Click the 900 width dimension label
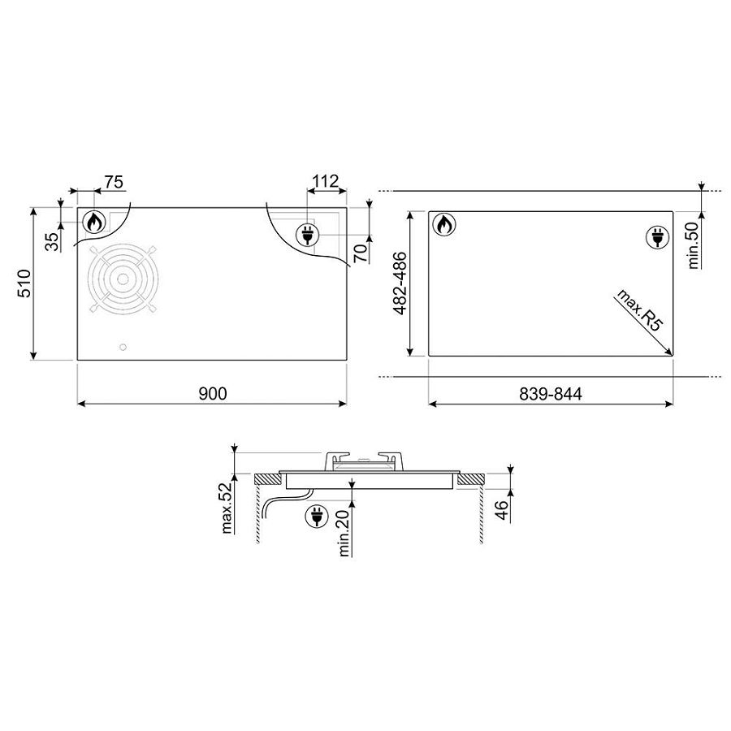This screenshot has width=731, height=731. click(213, 394)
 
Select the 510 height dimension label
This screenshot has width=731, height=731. click(24, 283)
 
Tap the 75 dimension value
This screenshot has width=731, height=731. click(114, 182)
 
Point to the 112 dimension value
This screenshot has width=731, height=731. click(325, 181)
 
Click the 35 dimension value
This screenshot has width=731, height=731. click(52, 241)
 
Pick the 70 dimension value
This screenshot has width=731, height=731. click(361, 253)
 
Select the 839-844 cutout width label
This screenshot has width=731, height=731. click(551, 395)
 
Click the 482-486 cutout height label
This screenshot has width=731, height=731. click(400, 283)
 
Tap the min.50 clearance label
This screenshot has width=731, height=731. click(694, 245)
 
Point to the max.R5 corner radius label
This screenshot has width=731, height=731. click(640, 310)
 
